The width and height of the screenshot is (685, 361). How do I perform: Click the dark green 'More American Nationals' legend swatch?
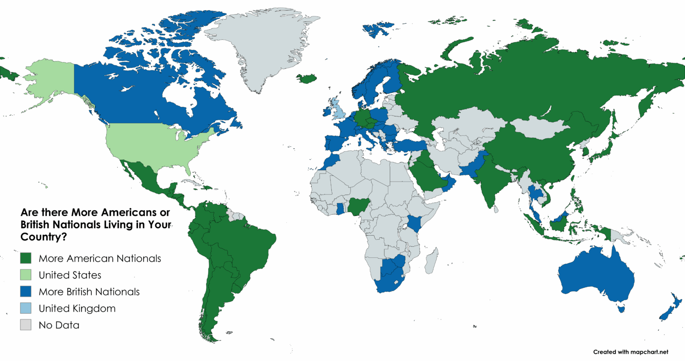pos(26,258)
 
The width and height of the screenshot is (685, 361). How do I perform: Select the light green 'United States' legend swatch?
pos(26,275)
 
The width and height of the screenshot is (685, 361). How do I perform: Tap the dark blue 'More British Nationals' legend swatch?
pos(26,291)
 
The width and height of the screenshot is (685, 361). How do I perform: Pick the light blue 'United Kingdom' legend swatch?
pos(26,308)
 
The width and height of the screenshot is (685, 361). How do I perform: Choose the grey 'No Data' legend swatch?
pos(26,325)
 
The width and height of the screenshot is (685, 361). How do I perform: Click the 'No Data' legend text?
pos(59,325)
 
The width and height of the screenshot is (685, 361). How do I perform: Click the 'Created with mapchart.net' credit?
pos(631,352)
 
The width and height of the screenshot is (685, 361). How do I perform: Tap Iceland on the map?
pos(309,79)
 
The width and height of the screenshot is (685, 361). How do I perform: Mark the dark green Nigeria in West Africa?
pos(357,206)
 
